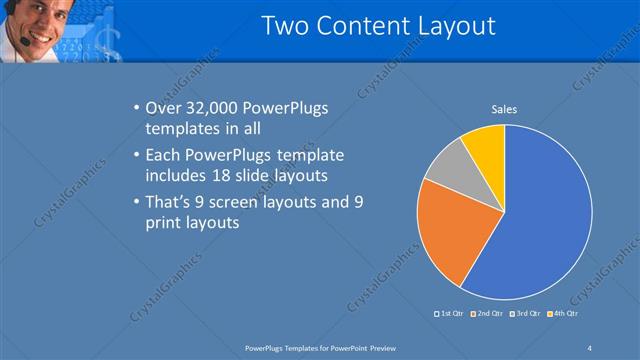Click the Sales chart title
(x=504, y=109)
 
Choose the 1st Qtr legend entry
(x=449, y=314)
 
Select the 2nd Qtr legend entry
(x=487, y=314)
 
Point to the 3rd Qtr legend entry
(x=526, y=314)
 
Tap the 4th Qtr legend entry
(x=564, y=314)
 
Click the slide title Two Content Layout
(x=378, y=26)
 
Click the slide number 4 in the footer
(x=590, y=347)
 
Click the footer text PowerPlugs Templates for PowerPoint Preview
(x=322, y=347)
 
